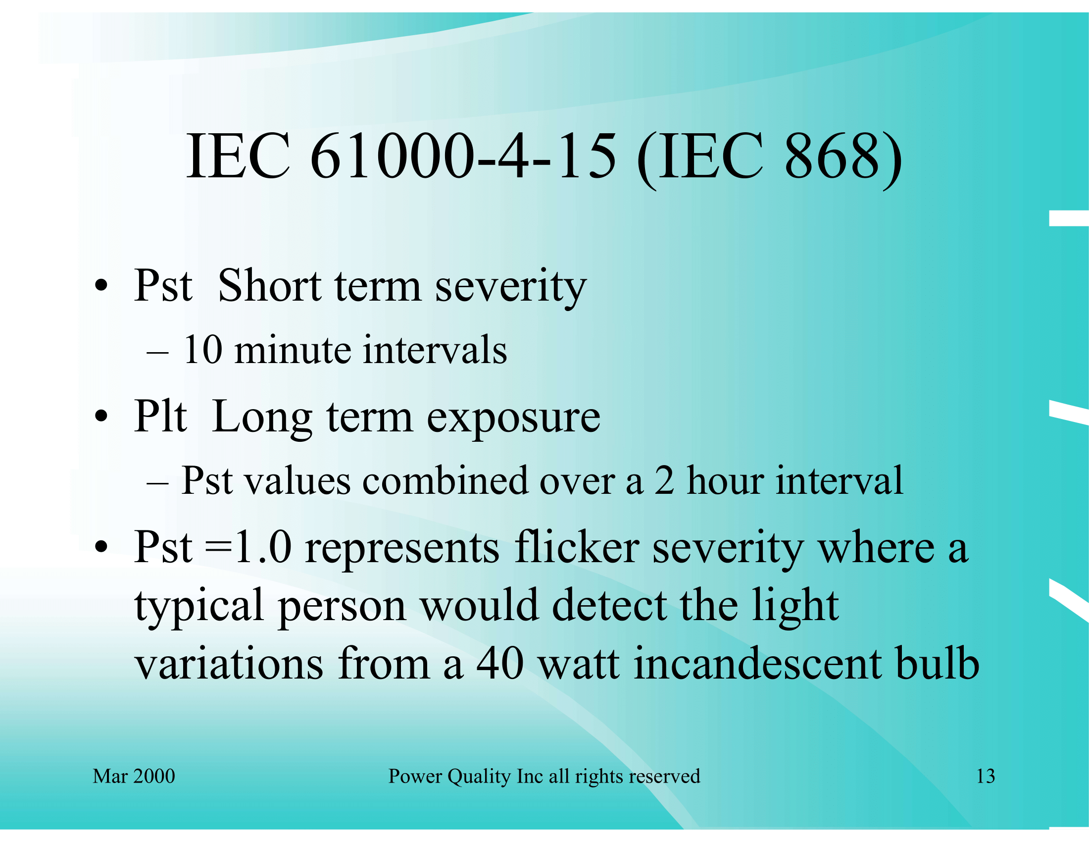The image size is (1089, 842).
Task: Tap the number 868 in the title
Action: (x=832, y=156)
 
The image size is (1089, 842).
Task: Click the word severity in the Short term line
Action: (x=511, y=288)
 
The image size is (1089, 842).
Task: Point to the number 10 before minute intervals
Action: (x=202, y=350)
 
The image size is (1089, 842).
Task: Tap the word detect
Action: (x=609, y=605)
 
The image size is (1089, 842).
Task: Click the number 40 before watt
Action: (x=500, y=664)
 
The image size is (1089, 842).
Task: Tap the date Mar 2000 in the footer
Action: (x=134, y=776)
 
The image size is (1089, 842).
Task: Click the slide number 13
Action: (x=985, y=776)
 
